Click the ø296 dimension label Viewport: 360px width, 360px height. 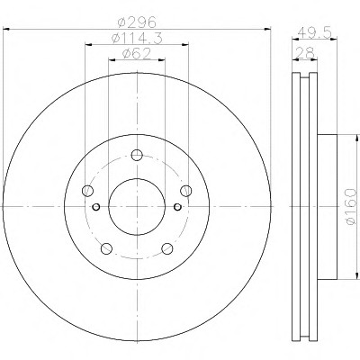point(137,22)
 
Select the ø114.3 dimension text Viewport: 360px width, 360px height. point(137,38)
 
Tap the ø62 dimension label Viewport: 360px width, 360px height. point(137,54)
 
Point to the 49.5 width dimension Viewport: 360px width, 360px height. point(315,31)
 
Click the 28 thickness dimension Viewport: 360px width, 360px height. point(305,53)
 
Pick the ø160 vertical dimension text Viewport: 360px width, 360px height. point(350,206)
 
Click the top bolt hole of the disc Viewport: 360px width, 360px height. point(137,155)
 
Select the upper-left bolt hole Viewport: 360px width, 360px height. point(87,191)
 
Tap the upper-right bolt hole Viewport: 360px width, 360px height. point(186,191)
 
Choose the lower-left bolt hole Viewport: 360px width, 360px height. point(106,248)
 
